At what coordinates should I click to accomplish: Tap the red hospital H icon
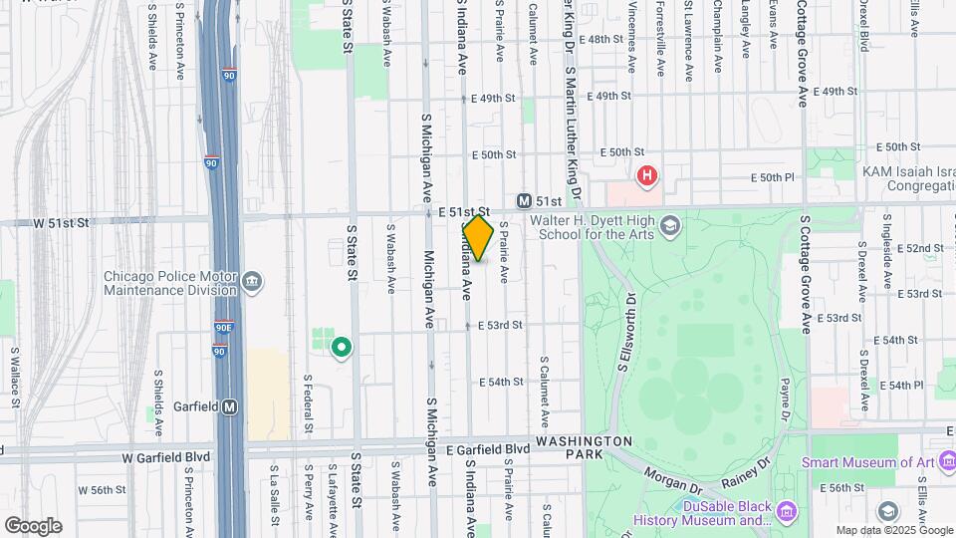[x=647, y=177]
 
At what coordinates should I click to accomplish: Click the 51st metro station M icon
[x=523, y=200]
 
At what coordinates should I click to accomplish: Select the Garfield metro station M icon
[x=230, y=406]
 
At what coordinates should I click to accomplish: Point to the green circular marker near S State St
[x=342, y=348]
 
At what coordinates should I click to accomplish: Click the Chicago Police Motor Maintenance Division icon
[x=253, y=280]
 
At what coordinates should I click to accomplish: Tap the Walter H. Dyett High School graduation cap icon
[x=670, y=223]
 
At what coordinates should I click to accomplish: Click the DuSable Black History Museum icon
[x=788, y=511]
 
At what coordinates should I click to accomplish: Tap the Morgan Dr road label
[x=673, y=481]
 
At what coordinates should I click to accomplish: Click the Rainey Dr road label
[x=752, y=465]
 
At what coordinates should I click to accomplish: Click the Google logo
[x=33, y=526]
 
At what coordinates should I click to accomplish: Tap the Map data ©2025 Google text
[x=892, y=530]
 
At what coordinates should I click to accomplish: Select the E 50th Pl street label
[x=776, y=177]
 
